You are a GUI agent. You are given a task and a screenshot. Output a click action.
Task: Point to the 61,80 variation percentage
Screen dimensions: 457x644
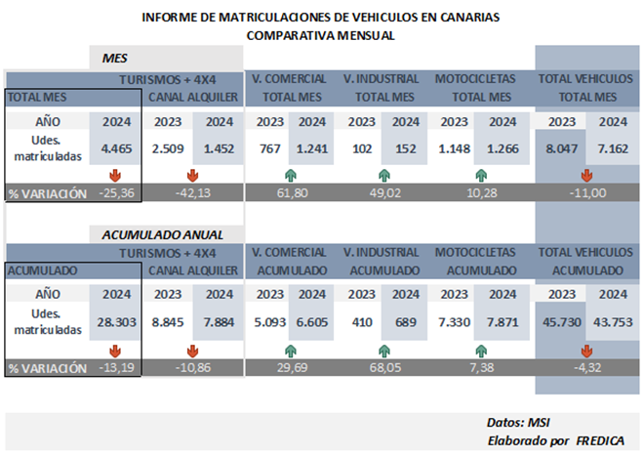coord(294,192)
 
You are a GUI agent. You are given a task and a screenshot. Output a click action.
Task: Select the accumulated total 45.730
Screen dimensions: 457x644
coord(561,322)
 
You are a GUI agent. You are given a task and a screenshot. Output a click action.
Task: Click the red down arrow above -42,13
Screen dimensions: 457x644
coord(192,176)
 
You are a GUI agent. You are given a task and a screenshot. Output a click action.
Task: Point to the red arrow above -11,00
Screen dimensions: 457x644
coord(586,176)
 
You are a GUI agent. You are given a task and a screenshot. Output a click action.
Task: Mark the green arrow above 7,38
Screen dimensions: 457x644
coord(479,349)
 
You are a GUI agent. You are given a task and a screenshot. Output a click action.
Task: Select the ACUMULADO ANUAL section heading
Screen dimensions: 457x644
coord(163,234)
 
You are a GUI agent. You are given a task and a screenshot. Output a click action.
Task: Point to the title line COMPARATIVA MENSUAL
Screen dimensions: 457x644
coord(321,35)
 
